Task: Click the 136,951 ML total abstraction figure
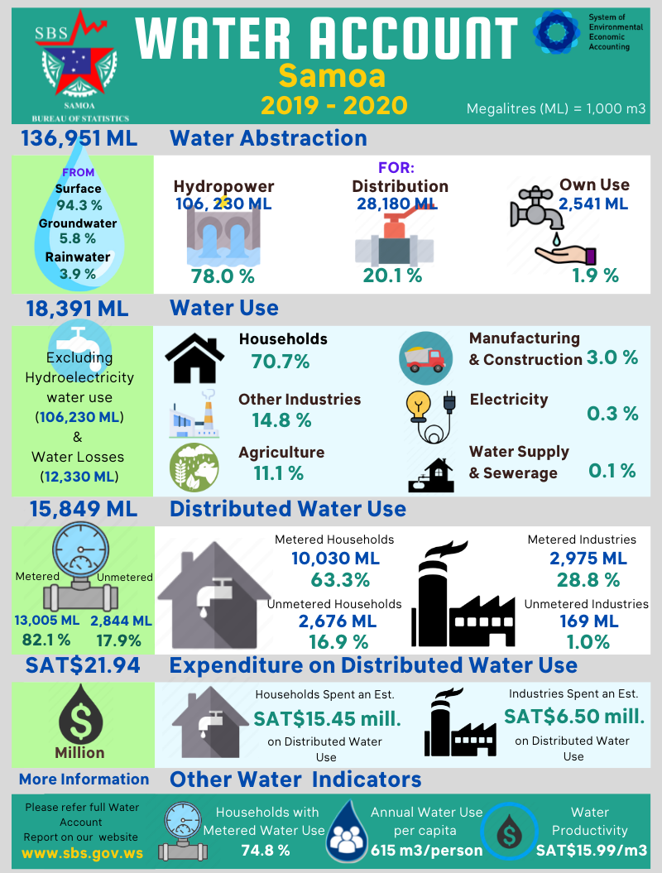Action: click(x=79, y=137)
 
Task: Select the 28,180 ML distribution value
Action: click(x=397, y=204)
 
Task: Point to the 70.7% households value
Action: click(x=280, y=361)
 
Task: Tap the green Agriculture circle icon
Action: click(x=194, y=467)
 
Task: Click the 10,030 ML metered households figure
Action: click(x=333, y=559)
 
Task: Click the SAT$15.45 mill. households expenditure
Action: click(x=327, y=717)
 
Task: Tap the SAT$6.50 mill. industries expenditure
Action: click(x=574, y=716)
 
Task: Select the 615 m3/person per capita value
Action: click(x=426, y=850)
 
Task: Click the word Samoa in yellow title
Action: click(x=332, y=75)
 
